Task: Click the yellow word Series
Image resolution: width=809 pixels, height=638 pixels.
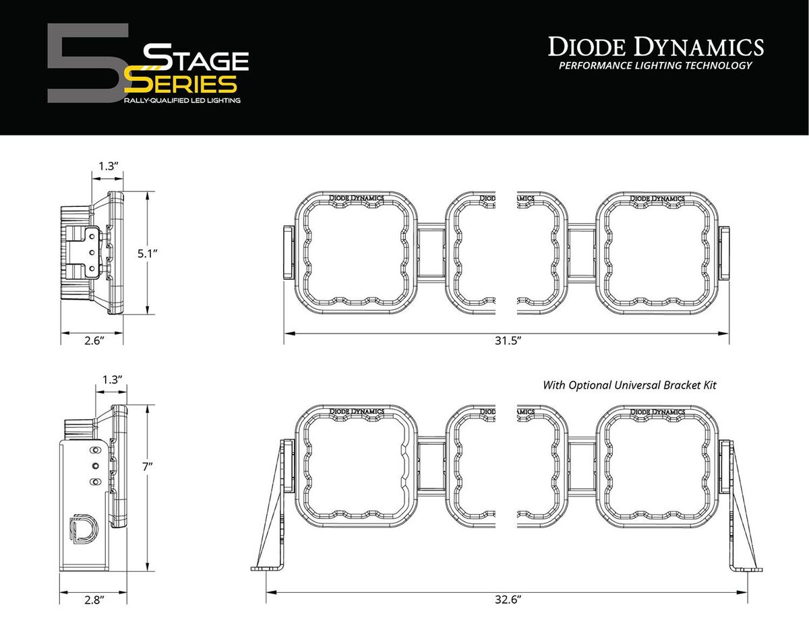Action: pyautogui.click(x=183, y=84)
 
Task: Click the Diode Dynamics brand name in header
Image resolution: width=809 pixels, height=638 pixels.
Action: pyautogui.click(x=655, y=47)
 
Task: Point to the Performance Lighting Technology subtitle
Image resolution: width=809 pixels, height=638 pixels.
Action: pyautogui.click(x=655, y=66)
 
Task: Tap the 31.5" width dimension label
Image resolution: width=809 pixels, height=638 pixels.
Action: pyautogui.click(x=506, y=341)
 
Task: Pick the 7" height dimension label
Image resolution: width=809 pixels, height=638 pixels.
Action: pyautogui.click(x=146, y=466)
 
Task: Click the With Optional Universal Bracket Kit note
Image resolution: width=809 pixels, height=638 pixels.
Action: pyautogui.click(x=630, y=385)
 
